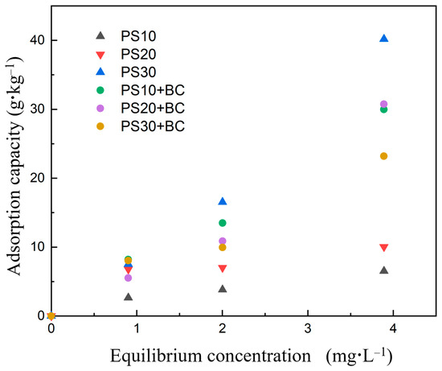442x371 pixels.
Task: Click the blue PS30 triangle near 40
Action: [383, 39]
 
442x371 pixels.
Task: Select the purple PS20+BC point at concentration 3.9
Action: [383, 104]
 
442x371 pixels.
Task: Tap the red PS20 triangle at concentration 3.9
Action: [383, 247]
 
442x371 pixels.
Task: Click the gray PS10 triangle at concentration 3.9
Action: [383, 270]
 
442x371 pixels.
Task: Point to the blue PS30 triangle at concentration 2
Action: [223, 201]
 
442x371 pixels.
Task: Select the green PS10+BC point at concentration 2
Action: [223, 223]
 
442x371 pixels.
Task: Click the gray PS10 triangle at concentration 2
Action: [223, 289]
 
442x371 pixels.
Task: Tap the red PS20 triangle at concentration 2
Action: [223, 268]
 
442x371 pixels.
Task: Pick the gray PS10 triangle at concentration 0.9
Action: [128, 297]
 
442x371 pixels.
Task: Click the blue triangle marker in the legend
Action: [100, 72]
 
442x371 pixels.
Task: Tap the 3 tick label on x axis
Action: [308, 330]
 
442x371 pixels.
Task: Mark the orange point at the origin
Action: [51, 315]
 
